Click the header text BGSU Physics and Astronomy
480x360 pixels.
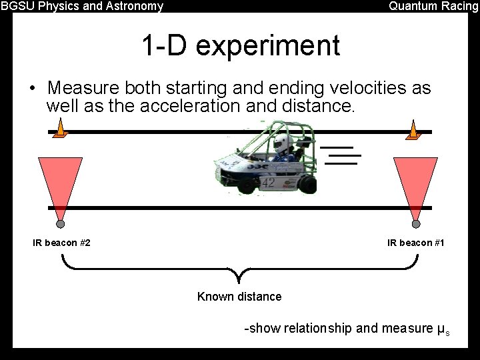coord(82,7)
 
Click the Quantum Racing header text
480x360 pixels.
coord(433,7)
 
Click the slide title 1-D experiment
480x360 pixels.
coord(240,46)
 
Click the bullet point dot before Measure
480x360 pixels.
coord(31,89)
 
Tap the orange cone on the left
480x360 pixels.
coord(60,129)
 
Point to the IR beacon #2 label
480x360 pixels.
coord(62,243)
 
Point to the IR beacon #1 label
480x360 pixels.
coord(416,243)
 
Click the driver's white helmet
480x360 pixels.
coord(281,141)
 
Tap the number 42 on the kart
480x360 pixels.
coord(268,182)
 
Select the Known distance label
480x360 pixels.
coord(239,297)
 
